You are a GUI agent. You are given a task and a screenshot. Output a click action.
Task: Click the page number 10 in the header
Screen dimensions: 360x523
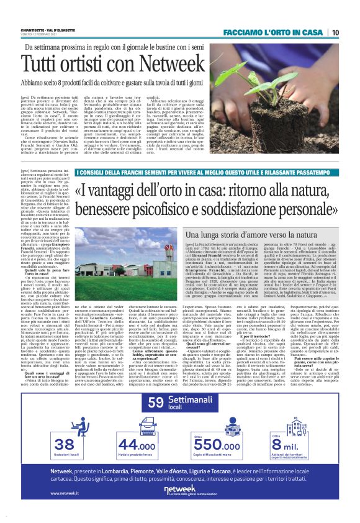(x=335, y=32)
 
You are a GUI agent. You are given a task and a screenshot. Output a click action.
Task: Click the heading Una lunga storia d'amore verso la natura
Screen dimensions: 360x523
(x=250, y=236)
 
